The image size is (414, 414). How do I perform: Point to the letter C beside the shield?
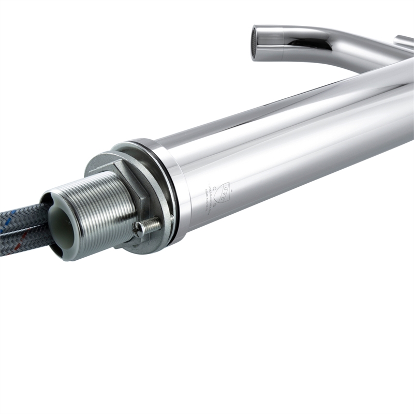click(x=213, y=188)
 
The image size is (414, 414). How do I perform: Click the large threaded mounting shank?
click(x=98, y=212)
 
